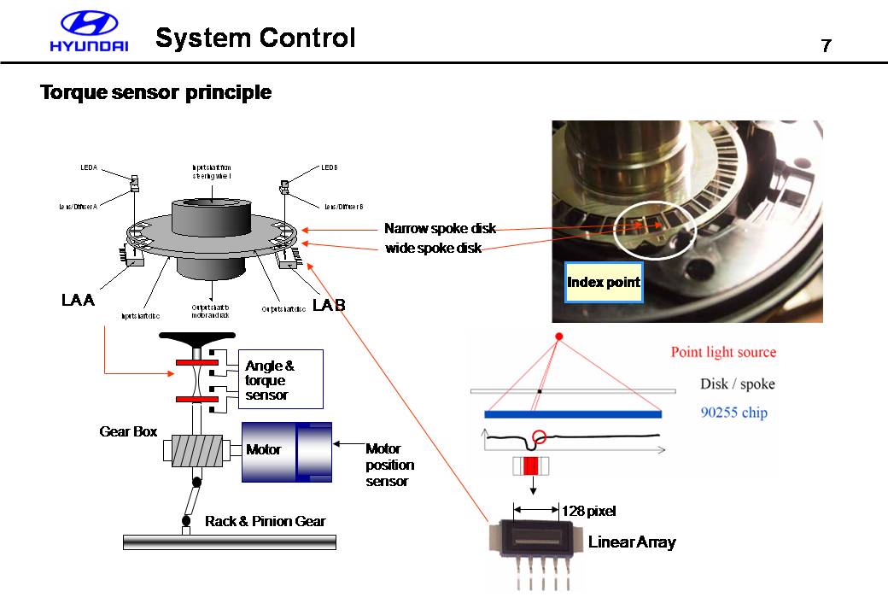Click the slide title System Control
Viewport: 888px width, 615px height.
pos(255,38)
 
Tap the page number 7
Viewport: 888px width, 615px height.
pos(826,46)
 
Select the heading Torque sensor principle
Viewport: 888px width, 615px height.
pos(156,92)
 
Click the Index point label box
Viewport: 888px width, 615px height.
pos(604,283)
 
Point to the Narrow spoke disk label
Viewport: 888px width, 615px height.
pos(440,229)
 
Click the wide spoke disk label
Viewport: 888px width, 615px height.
pos(434,249)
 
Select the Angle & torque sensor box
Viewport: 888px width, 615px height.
pos(279,379)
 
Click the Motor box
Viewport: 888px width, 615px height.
pos(265,449)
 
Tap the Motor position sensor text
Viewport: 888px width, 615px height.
pos(389,465)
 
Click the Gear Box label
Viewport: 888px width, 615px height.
pos(128,432)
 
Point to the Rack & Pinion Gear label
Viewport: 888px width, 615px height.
pos(265,521)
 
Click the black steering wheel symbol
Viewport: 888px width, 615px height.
pos(197,339)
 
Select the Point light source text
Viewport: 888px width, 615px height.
pos(723,352)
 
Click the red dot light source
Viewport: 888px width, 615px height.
pos(559,337)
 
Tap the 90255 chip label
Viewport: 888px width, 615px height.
pos(733,413)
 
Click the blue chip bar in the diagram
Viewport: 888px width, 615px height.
pos(573,414)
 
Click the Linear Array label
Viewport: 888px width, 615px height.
pos(632,542)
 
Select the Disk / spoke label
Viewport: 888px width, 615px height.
pos(737,384)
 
